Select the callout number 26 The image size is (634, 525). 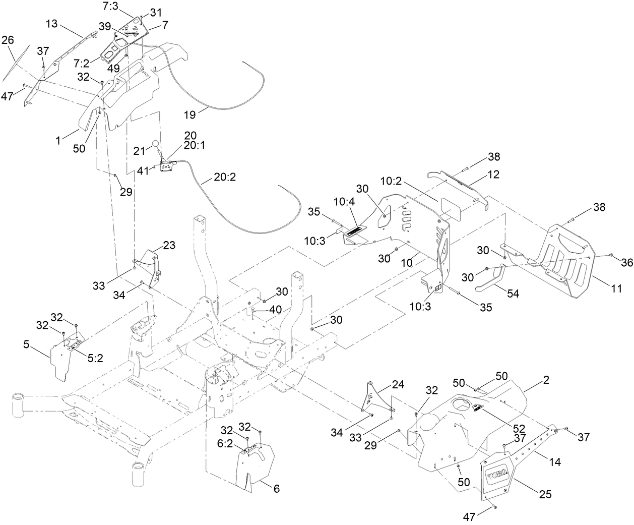pyautogui.click(x=8, y=41)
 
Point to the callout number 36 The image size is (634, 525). pyautogui.click(x=626, y=262)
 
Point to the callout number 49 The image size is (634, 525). pyautogui.click(x=112, y=68)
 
